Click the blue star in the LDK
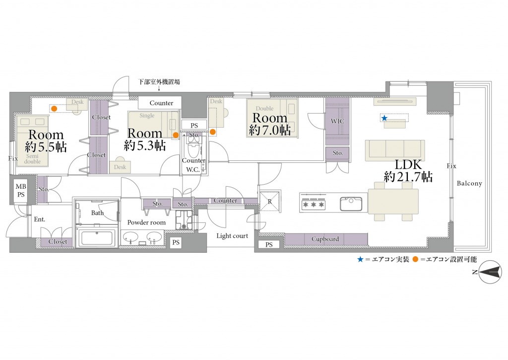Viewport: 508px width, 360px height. point(384,118)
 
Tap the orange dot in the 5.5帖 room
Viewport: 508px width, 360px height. point(55,108)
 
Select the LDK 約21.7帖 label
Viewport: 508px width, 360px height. point(408,171)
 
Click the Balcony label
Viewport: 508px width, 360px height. point(469,183)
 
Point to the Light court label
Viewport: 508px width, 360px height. point(232,236)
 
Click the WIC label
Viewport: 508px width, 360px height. point(337,121)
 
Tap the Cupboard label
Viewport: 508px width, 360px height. point(325,239)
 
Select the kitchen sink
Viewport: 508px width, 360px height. point(351,204)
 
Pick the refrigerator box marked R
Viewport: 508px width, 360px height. point(269,202)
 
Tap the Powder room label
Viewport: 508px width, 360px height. point(146,222)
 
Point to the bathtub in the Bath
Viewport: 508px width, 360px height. point(97,238)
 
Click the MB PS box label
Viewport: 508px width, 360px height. point(21,190)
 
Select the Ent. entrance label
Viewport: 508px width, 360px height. point(40,219)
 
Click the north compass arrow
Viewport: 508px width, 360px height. point(490,272)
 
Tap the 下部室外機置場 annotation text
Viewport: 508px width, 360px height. point(159,82)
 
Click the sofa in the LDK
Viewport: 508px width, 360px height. point(395,150)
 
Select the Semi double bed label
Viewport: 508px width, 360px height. point(32,158)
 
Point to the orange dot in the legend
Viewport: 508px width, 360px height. point(416,259)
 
